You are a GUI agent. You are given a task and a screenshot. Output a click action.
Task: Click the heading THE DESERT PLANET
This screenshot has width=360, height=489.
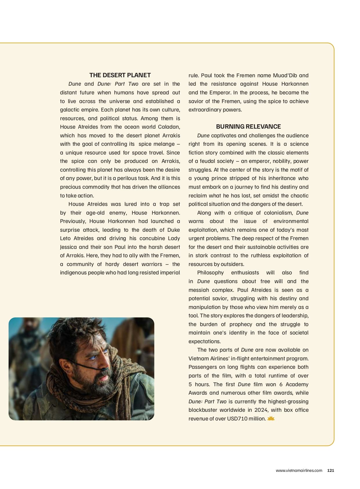point(120,75)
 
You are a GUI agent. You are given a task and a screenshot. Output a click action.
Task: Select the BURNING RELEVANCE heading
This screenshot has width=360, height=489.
point(248,127)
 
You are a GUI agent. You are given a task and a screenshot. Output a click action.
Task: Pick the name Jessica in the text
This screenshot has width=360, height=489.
point(68,247)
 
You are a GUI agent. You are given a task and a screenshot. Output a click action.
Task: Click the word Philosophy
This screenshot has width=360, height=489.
point(210,273)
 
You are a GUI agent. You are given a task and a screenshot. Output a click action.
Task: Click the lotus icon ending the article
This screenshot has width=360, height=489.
point(271,418)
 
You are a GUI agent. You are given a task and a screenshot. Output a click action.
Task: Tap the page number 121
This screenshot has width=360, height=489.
point(330,471)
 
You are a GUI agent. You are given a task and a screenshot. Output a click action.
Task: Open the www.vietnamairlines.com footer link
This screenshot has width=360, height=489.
point(299,471)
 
